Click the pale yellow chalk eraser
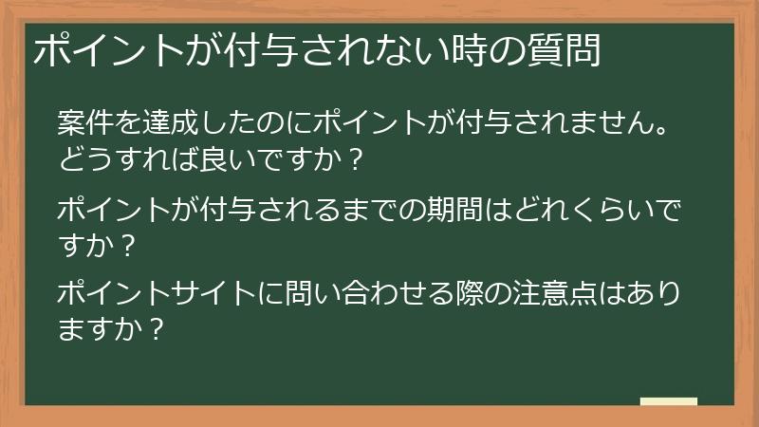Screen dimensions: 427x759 669,401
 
